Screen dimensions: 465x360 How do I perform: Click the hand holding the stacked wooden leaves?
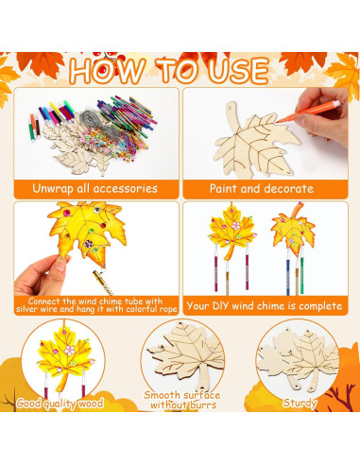click(321, 331)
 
